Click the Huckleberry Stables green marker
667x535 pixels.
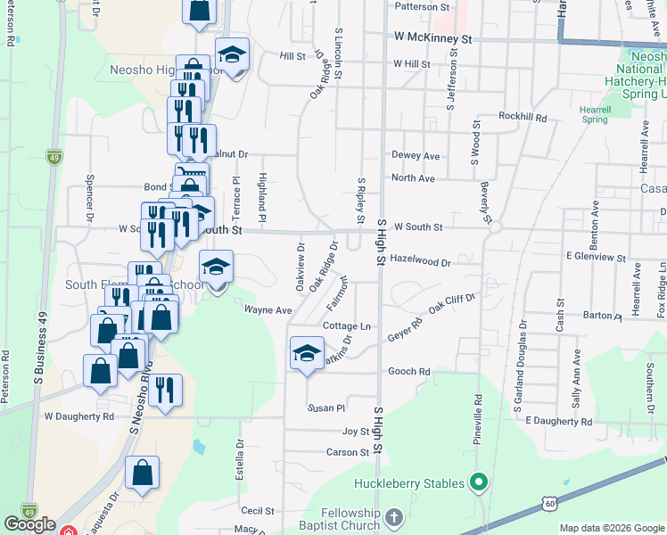coord(479,484)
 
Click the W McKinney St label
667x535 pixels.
coord(432,40)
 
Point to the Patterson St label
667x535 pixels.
coord(422,7)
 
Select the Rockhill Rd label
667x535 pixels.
coord(523,117)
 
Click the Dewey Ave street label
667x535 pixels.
coord(416,156)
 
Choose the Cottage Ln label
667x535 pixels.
coord(346,326)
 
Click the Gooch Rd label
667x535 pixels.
coord(409,371)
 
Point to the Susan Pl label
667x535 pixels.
coord(325,408)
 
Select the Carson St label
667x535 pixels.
coord(348,453)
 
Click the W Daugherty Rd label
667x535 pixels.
coord(79,416)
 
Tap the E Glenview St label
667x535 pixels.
coord(597,257)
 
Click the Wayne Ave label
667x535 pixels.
coord(268,310)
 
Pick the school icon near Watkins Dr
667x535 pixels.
coord(307,353)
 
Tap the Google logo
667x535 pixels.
coord(29,523)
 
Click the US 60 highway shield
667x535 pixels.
coord(549,505)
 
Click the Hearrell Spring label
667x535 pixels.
coord(595,114)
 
